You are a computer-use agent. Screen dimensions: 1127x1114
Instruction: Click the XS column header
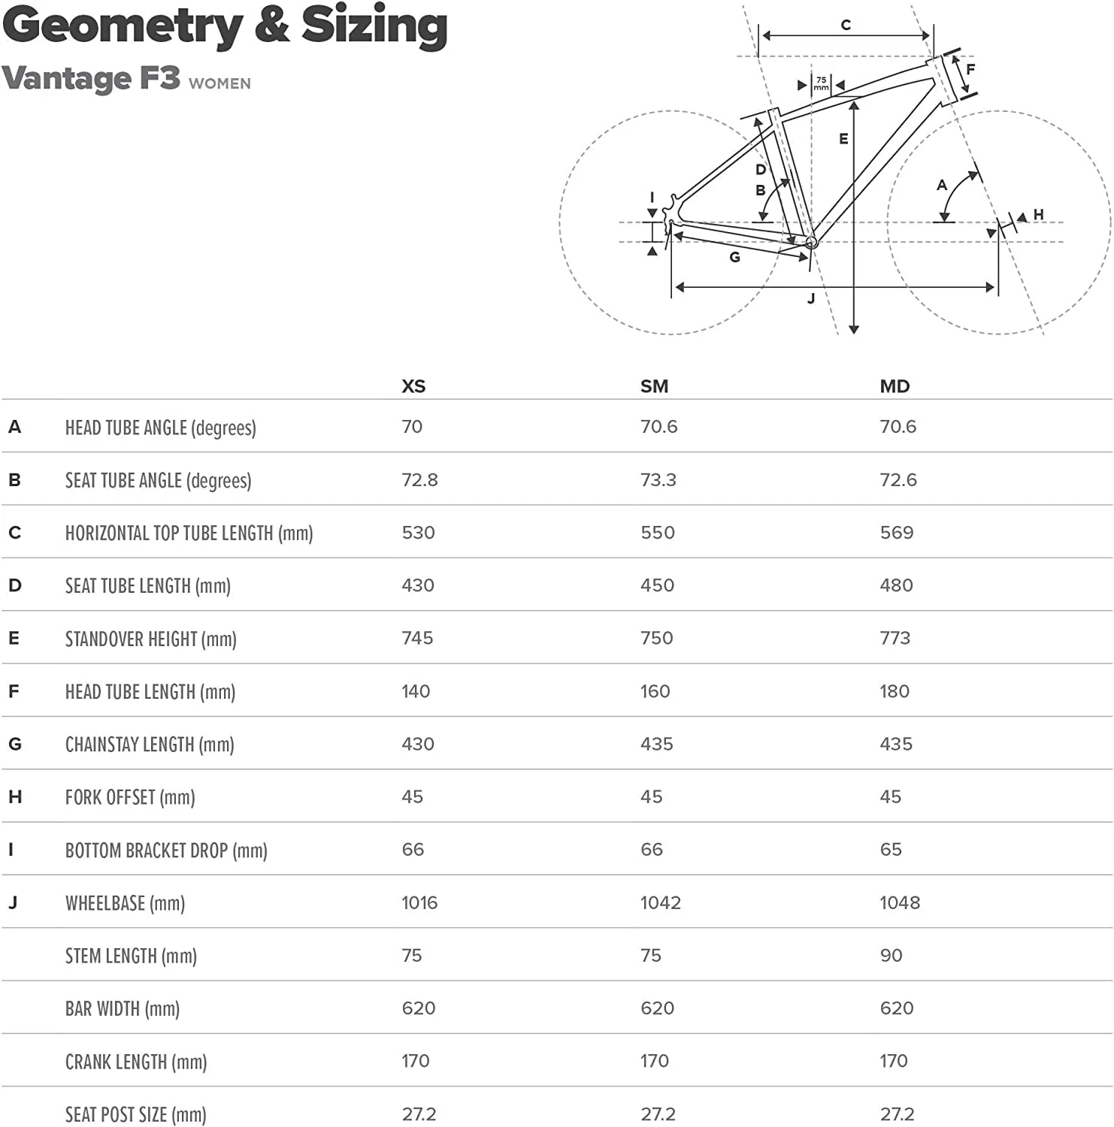coord(413,386)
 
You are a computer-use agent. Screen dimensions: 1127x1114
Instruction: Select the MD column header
coord(895,386)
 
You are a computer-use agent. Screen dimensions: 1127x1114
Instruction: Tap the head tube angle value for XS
coord(412,427)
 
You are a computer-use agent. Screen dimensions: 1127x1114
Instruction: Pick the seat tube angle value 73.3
coord(658,480)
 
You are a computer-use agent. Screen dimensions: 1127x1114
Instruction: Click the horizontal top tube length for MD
coord(896,533)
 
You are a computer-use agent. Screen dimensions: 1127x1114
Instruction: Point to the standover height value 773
coord(895,638)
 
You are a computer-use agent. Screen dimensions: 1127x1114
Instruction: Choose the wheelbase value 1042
coord(660,902)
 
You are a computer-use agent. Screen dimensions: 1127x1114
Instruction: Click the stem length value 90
coord(891,955)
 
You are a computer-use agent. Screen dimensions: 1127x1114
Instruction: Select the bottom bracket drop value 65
coord(891,850)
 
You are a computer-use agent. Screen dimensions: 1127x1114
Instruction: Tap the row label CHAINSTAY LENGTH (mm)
coord(150,745)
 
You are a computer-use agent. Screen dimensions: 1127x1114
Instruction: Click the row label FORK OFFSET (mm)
coord(130,797)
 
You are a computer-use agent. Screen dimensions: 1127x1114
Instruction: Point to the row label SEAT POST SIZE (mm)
coord(135,1114)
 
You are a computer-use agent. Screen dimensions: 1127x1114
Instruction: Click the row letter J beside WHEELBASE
coord(13,902)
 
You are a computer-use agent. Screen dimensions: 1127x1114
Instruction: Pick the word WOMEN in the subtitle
coord(219,83)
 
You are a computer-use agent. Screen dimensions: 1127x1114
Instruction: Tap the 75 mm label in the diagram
coord(821,83)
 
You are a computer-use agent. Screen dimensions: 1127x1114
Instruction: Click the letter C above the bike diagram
coord(846,26)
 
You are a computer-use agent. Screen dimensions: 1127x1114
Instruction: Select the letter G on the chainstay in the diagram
coord(735,257)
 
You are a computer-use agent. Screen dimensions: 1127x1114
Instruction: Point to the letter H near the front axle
coord(1038,215)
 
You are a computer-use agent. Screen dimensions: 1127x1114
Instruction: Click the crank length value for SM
coord(654,1061)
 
